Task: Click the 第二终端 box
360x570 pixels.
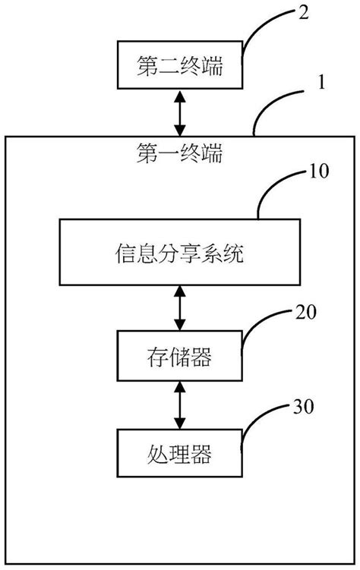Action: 180,66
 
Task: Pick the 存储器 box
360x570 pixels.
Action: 180,355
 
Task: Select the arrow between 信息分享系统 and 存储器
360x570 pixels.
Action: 180,308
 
